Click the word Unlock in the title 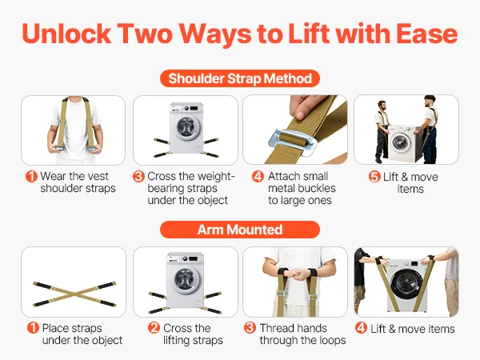tap(66, 34)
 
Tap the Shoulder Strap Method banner tap(240, 78)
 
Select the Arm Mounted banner tap(240, 230)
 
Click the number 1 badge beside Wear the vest tap(31, 176)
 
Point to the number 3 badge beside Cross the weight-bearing tap(138, 176)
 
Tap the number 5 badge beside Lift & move tap(374, 177)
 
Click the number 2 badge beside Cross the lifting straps tap(154, 328)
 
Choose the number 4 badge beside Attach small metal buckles tap(258, 176)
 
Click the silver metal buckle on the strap tap(291, 142)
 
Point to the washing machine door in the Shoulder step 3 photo tap(186, 127)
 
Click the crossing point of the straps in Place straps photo tap(74, 294)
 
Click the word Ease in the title tap(426, 34)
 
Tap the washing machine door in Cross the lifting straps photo tap(185, 280)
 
